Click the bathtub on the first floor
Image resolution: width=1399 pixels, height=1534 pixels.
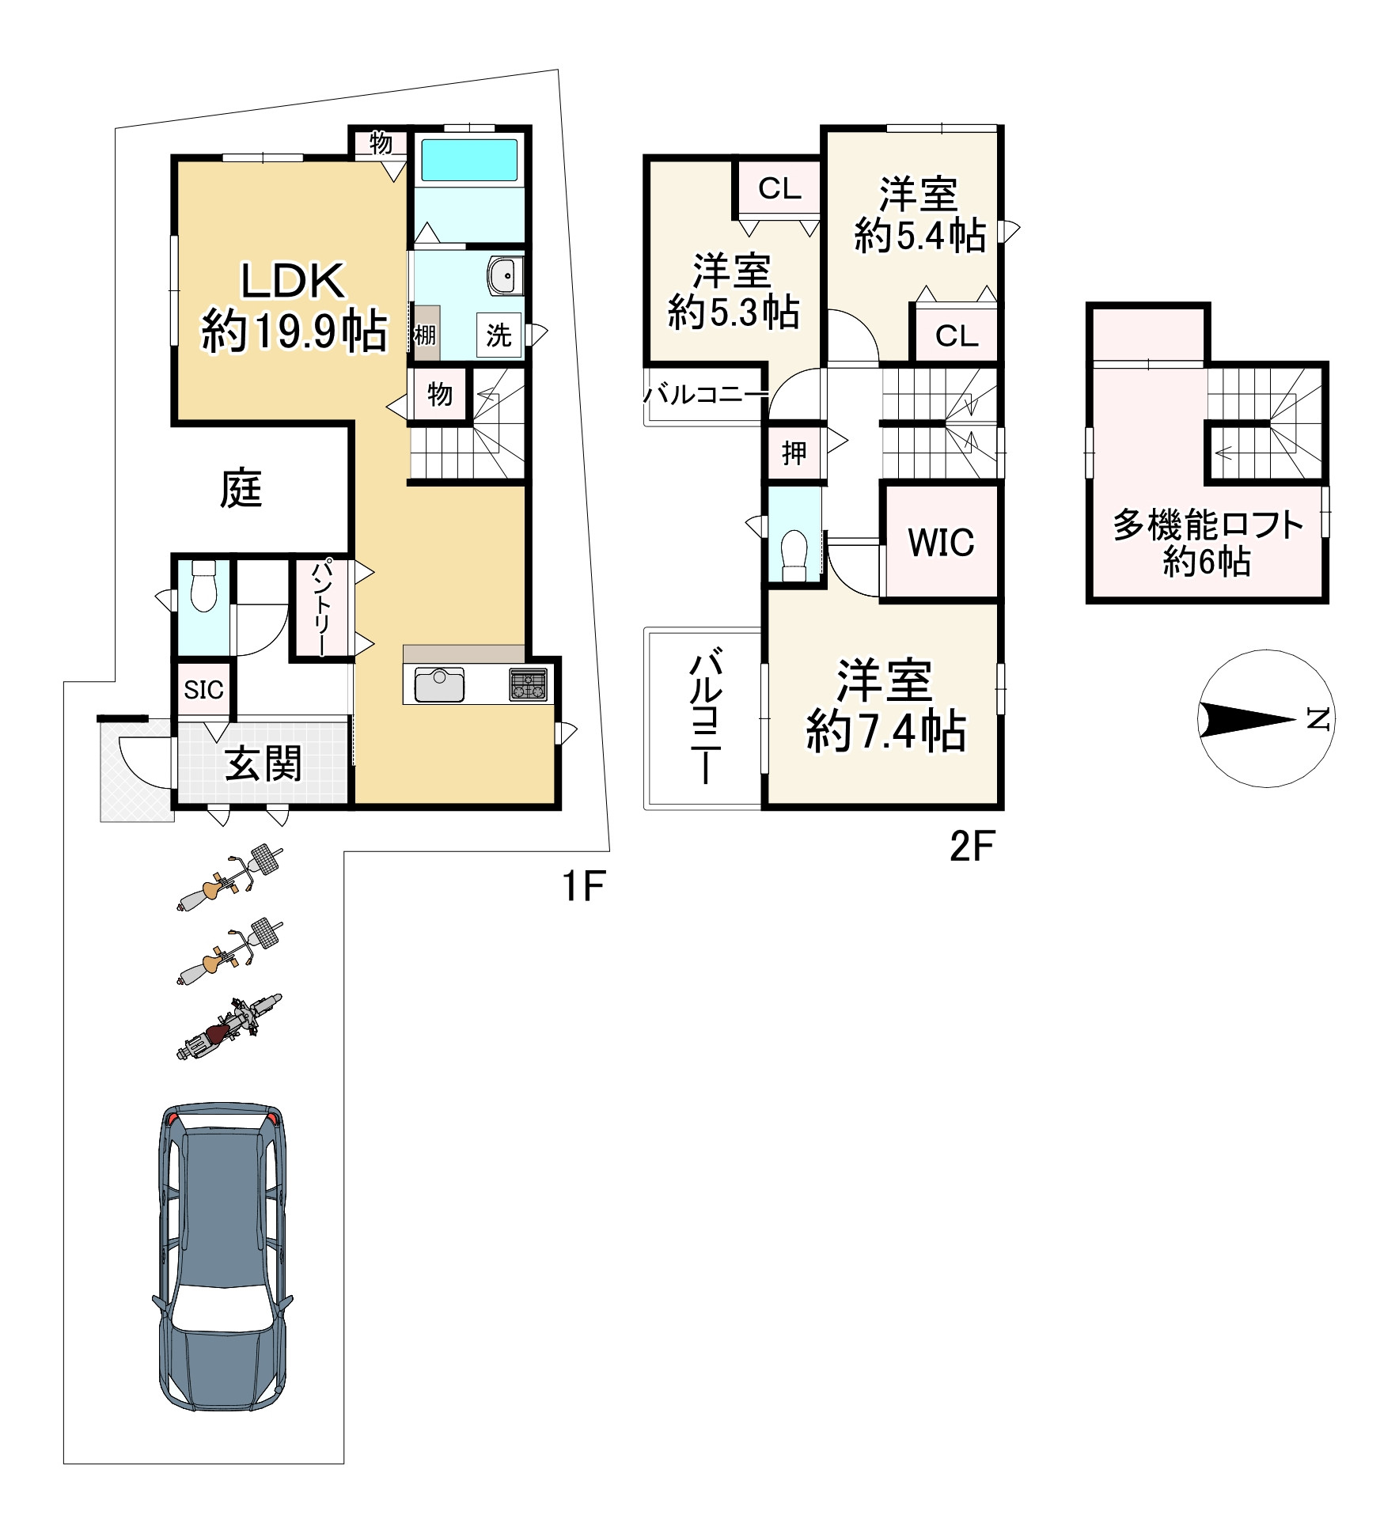[x=469, y=160]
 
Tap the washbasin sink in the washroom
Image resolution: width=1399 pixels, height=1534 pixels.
[x=502, y=276]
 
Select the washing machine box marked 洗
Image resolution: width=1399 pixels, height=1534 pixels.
[x=499, y=335]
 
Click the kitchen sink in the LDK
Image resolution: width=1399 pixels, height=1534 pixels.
[x=439, y=685]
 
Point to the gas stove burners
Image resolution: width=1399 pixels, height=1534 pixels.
[x=528, y=684]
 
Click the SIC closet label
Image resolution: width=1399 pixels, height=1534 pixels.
[x=203, y=690]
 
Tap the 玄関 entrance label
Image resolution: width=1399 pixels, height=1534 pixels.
[x=263, y=763]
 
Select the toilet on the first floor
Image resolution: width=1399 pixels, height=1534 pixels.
[x=204, y=586]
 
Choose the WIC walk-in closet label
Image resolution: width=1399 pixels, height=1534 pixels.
[x=941, y=543]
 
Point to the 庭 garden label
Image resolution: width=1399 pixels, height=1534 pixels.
[x=241, y=488]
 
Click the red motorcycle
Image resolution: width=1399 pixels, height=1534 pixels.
[x=229, y=1027]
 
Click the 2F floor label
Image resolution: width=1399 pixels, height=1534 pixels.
[x=971, y=847]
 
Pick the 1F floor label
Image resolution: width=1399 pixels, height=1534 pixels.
[x=583, y=886]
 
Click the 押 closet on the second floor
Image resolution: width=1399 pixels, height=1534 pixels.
[x=794, y=453]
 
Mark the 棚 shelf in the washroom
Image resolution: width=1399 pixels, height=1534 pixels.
[x=425, y=334]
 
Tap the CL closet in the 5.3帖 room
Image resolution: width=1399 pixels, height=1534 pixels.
[x=779, y=188]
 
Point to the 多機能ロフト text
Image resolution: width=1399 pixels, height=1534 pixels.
[x=1208, y=525]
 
